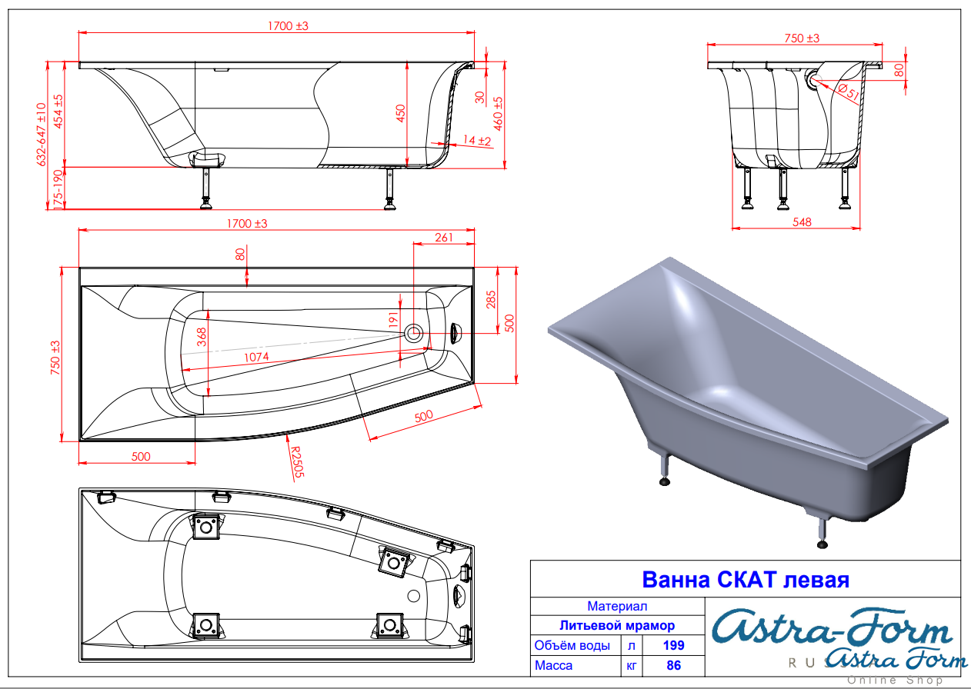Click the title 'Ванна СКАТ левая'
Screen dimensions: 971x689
click(745, 580)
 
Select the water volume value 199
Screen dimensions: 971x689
click(673, 645)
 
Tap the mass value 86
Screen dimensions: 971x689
click(674, 665)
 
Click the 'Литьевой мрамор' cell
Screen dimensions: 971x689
click(617, 625)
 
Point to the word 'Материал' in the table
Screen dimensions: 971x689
click(617, 606)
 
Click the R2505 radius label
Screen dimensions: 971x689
click(297, 462)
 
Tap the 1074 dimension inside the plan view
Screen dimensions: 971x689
click(256, 357)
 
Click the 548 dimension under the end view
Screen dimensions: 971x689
click(802, 222)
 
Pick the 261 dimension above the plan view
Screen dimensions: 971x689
click(443, 238)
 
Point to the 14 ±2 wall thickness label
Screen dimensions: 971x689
click(477, 141)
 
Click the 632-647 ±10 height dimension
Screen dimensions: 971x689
click(42, 135)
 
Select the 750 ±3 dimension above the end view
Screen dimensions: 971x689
click(802, 38)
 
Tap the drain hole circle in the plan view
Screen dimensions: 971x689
click(413, 333)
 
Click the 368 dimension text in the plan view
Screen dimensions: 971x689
click(202, 337)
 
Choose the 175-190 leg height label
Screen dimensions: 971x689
click(58, 190)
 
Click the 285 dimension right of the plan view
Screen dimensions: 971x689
click(491, 299)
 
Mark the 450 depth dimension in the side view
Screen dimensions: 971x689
click(400, 113)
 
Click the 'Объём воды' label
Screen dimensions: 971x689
click(572, 645)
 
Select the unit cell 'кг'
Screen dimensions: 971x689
click(631, 666)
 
